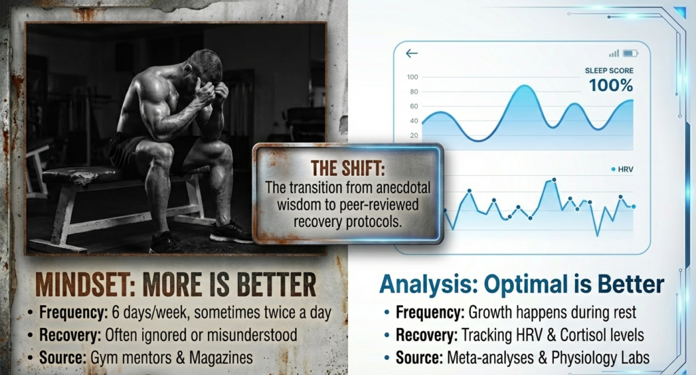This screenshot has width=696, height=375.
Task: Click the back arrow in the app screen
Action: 411,54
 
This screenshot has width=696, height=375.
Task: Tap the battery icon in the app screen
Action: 630,53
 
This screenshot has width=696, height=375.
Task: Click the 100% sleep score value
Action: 610,86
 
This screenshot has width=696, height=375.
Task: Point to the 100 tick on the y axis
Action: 413,77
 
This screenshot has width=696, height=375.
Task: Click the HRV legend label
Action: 625,168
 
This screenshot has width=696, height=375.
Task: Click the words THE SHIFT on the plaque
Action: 347,167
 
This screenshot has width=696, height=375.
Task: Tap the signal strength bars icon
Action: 614,53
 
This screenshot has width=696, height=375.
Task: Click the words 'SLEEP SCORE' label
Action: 609,71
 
